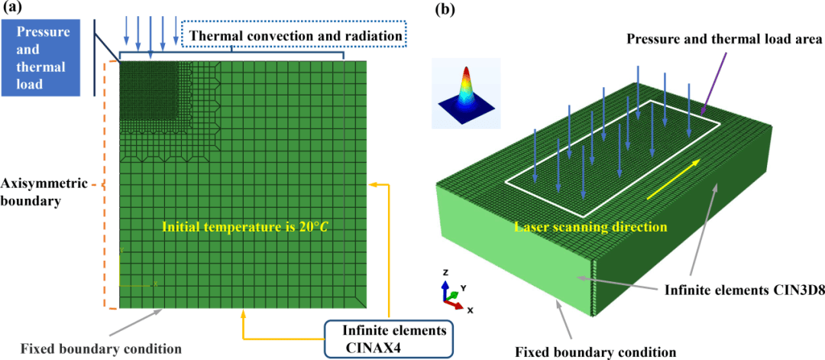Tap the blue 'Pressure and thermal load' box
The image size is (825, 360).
click(x=41, y=58)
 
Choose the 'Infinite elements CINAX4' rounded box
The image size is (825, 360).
click(x=390, y=339)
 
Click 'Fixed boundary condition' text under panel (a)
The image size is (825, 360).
click(x=101, y=349)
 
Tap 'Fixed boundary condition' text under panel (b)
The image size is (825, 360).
click(x=594, y=351)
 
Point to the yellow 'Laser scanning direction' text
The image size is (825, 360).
click(x=590, y=228)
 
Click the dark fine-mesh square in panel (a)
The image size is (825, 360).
click(x=150, y=92)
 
